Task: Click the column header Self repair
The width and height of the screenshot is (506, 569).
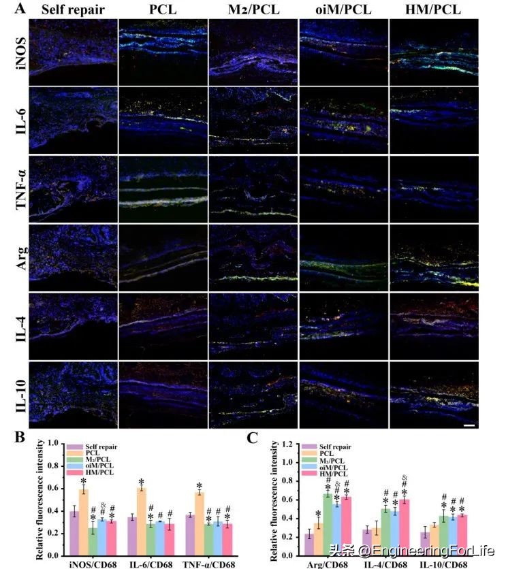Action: [x=72, y=10]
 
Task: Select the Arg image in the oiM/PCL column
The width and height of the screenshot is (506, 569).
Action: [x=343, y=256]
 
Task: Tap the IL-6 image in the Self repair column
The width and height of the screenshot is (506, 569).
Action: [x=73, y=119]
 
